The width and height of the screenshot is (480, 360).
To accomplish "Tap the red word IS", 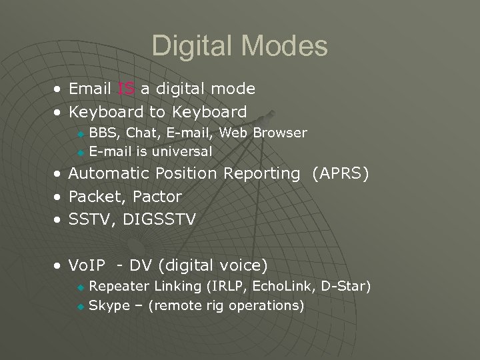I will coord(126,89).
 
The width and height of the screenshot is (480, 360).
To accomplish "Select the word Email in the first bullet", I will coord(90,89).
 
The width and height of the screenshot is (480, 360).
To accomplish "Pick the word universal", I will coord(182,151).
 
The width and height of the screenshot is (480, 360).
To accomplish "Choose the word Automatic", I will coord(109,174).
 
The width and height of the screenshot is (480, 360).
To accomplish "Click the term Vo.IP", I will coord(87,266).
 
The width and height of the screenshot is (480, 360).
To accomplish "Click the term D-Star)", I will coord(345,287).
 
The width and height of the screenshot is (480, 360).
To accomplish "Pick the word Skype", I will coord(109,306).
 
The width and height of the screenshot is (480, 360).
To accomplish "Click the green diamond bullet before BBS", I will coord(81,134).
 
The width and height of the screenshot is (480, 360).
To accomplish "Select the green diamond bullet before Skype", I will coord(81,307).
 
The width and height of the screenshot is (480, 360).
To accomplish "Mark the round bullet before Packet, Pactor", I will coord(59,197).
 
